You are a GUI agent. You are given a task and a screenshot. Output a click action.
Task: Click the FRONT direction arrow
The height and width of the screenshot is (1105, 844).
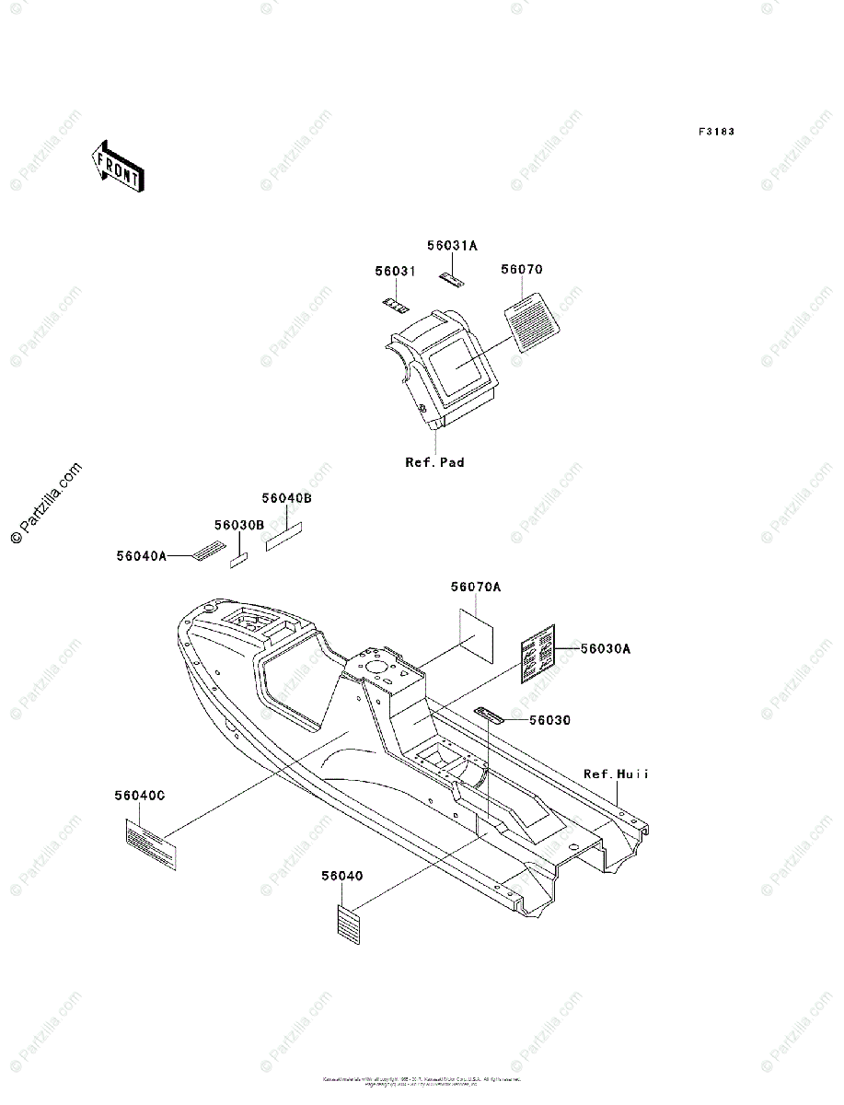click(x=117, y=166)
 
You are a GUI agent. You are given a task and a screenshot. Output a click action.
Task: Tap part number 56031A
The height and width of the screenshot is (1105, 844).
click(x=452, y=246)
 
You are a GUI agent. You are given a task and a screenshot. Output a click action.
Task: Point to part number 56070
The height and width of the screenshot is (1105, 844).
click(x=522, y=270)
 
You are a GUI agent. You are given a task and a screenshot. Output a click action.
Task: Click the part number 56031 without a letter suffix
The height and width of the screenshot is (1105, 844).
click(x=395, y=272)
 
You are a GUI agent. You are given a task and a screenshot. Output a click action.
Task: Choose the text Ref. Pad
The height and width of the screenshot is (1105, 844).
click(x=434, y=462)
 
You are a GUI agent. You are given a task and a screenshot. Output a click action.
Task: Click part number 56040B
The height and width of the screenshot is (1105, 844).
click(x=286, y=498)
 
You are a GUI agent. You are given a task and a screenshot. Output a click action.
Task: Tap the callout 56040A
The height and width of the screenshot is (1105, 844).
click(x=141, y=555)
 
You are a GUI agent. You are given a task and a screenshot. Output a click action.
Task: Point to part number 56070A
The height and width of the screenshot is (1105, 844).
click(x=476, y=587)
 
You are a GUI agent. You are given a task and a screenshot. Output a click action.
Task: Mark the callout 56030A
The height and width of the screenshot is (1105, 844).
click(x=605, y=648)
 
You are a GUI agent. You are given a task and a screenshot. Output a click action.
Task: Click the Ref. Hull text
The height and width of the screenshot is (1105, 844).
click(x=616, y=774)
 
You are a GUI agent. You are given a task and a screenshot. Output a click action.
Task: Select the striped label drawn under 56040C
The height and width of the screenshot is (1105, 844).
click(x=150, y=846)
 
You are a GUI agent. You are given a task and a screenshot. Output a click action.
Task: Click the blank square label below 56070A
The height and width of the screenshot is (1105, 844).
click(x=476, y=634)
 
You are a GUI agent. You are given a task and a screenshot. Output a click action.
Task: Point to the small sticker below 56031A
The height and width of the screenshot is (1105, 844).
click(x=451, y=277)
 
